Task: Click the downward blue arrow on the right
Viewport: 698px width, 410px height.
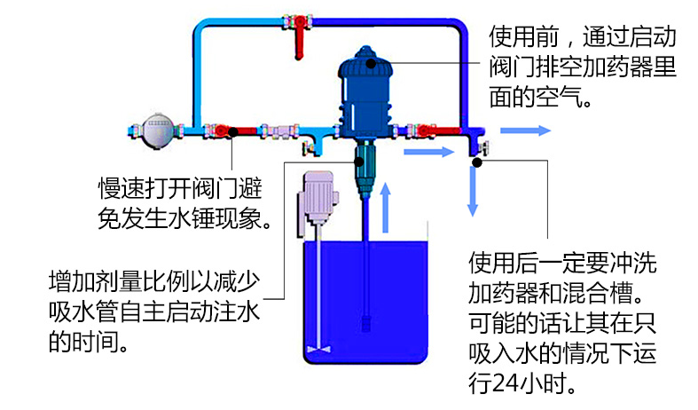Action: [474, 192]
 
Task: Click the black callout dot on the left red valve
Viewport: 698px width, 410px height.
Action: [232, 133]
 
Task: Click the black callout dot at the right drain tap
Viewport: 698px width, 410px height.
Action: [477, 162]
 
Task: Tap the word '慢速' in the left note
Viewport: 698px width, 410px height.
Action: [117, 190]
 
